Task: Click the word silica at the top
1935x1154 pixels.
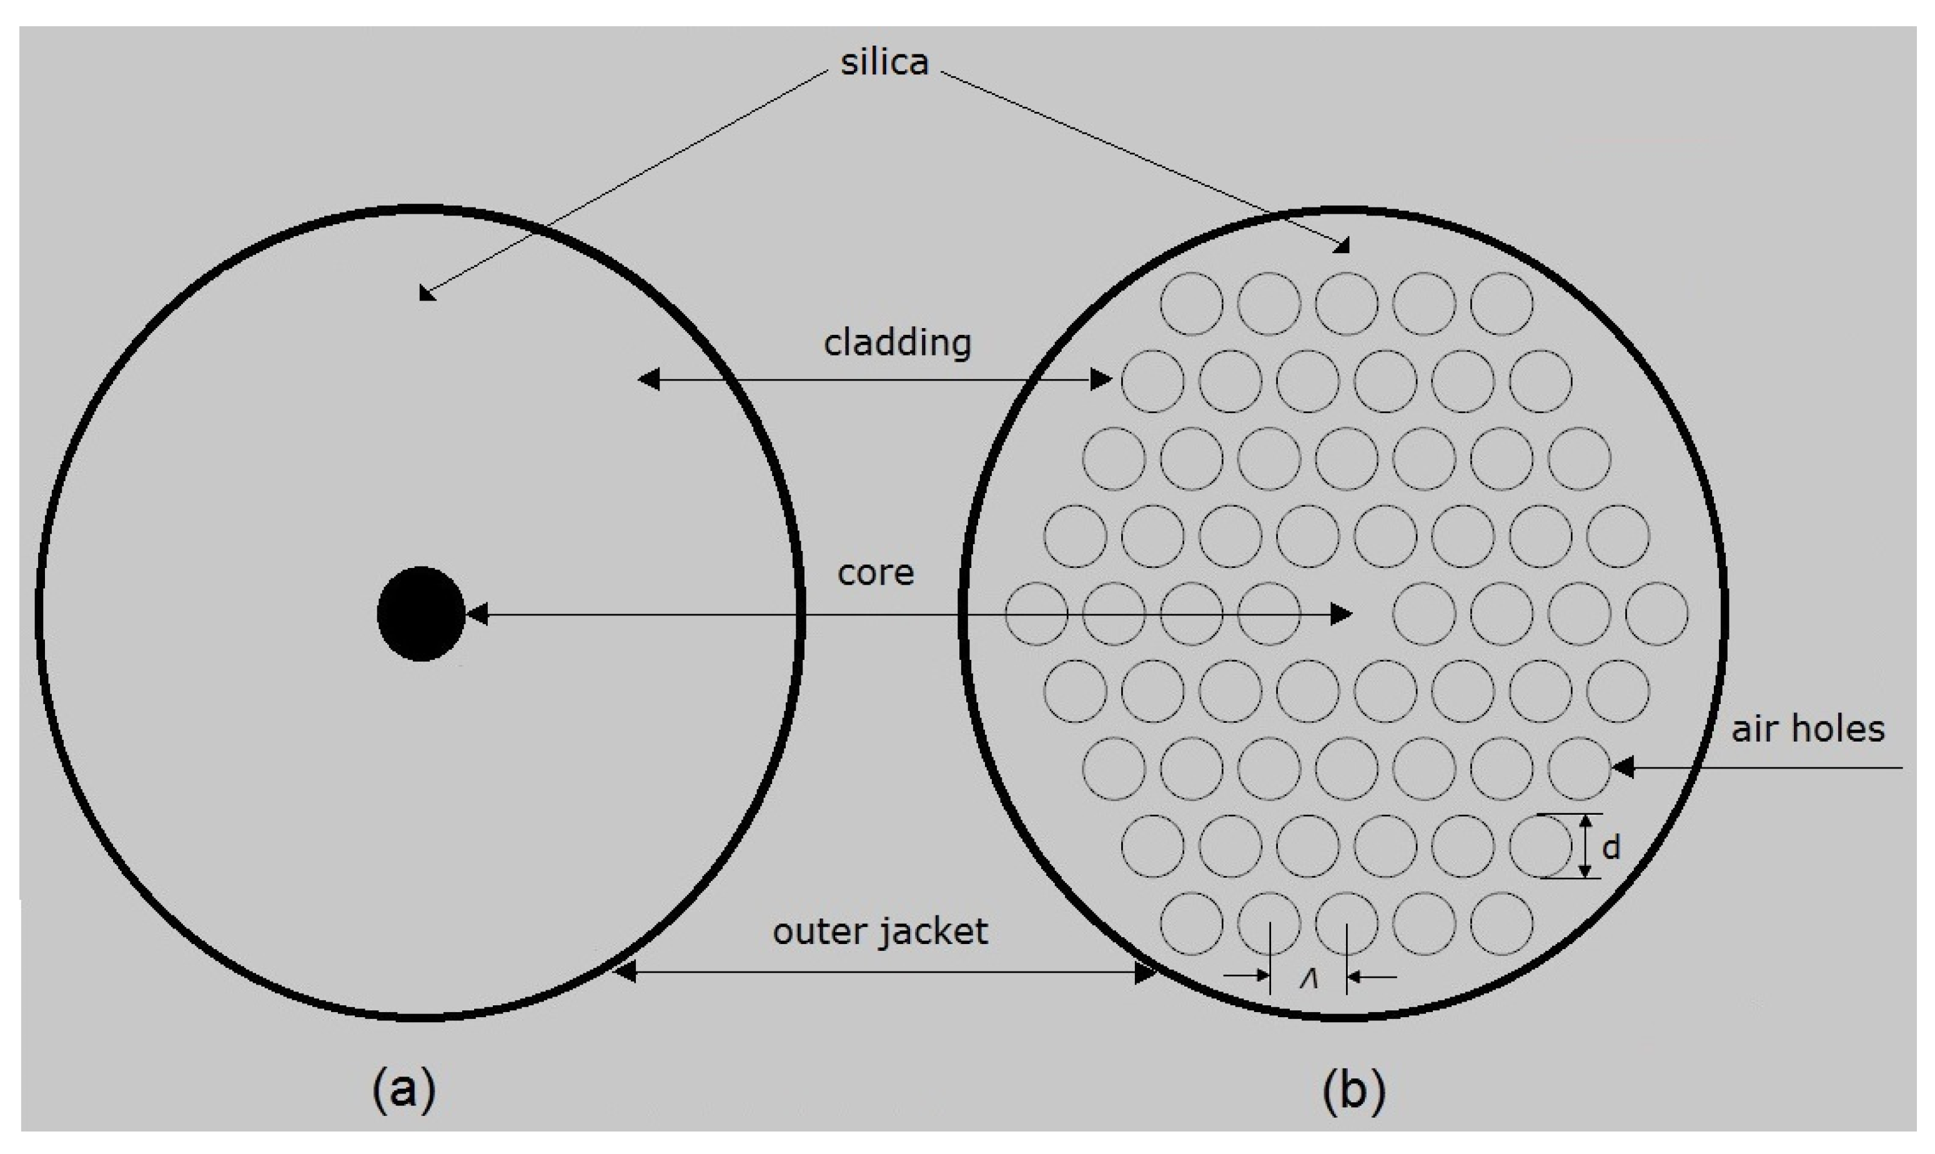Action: pos(884,62)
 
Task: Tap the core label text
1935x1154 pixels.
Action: pos(876,572)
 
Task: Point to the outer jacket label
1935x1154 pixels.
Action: pos(880,932)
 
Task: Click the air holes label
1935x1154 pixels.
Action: pos(1807,729)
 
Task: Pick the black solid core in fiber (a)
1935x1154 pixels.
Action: pos(420,614)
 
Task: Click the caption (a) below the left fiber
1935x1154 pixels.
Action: pos(403,1090)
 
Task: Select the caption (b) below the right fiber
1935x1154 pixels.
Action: pos(1354,1090)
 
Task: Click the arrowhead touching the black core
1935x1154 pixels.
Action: pos(476,614)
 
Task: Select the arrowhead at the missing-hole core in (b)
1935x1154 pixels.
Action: pos(1341,614)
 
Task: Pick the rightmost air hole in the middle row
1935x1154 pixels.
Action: pos(1656,614)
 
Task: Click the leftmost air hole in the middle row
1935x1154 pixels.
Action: pos(1036,614)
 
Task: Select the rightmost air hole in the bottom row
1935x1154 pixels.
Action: pos(1501,923)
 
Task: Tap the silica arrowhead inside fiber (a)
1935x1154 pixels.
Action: pos(427,293)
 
